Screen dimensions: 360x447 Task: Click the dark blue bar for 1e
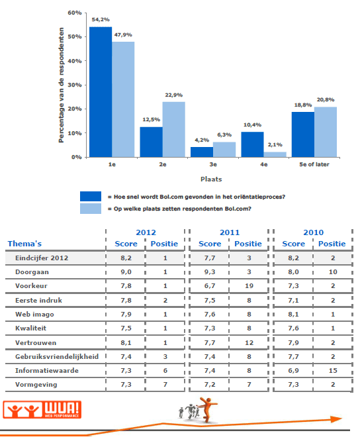(101, 92)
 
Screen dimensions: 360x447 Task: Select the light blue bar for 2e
(174, 129)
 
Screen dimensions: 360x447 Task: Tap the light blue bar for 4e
(275, 154)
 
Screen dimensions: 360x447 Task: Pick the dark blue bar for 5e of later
(303, 134)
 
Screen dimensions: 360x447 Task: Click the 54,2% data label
(101, 19)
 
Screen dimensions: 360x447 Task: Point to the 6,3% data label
(224, 135)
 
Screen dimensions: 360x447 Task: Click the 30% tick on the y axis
(75, 85)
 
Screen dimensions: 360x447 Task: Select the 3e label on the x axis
(213, 164)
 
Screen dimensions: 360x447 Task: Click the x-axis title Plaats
(211, 179)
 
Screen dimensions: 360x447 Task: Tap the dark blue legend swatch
(91, 197)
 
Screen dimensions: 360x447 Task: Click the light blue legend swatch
(91, 209)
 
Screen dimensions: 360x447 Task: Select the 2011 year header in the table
(230, 232)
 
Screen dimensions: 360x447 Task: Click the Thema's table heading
(24, 244)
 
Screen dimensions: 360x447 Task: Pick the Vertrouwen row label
(36, 342)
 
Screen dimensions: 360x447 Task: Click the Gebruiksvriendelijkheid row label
(57, 357)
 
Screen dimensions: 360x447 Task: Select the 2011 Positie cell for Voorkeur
(249, 286)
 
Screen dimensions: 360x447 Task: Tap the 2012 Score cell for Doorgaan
(126, 272)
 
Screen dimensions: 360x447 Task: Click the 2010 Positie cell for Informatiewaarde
(333, 371)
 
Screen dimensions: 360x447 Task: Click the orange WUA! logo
(42, 410)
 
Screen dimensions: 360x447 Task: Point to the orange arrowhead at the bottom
(336, 419)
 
